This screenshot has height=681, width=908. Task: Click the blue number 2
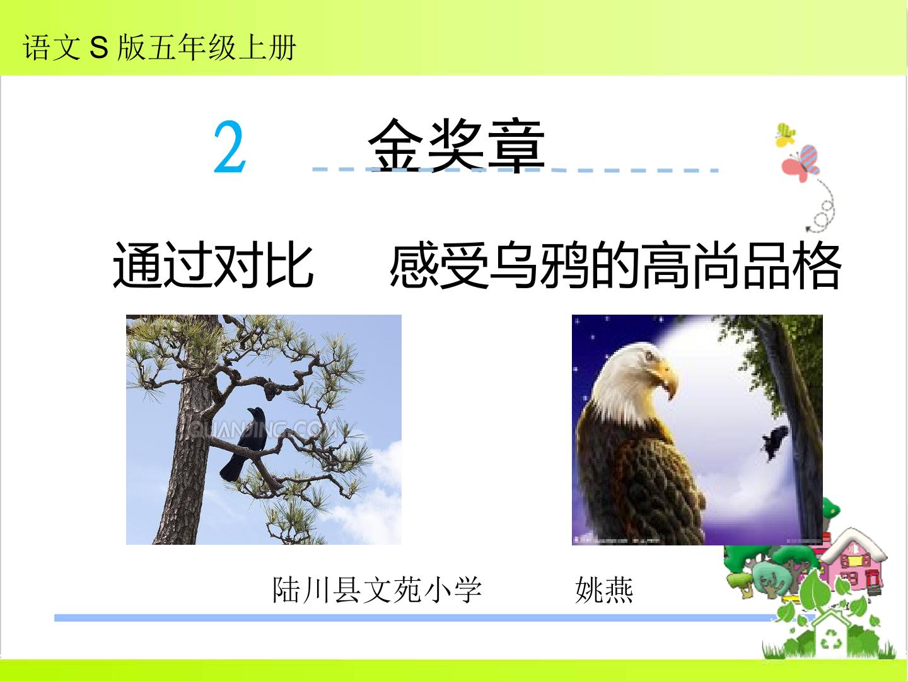230,148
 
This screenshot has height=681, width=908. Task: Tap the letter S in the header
99,47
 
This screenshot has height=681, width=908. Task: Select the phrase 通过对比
212,265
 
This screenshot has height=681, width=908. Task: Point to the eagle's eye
648,355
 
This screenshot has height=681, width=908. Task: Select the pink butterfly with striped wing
800,164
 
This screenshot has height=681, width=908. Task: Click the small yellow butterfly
785,135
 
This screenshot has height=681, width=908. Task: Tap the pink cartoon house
851,565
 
